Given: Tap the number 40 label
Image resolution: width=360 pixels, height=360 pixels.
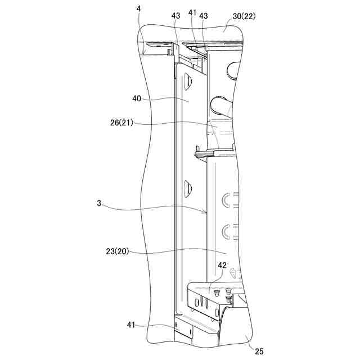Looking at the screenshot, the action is point(137,98).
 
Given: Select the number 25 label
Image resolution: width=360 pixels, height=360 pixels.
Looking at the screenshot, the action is point(259,352).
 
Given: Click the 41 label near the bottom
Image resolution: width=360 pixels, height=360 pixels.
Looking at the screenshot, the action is point(130,325).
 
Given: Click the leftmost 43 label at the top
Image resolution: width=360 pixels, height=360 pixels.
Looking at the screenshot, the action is point(176,16).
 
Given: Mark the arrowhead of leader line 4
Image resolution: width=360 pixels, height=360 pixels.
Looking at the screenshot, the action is point(144,54).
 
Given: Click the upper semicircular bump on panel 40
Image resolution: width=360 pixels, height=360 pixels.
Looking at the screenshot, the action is point(187,82).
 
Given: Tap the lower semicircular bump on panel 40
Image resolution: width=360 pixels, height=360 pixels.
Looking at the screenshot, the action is point(188,186).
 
